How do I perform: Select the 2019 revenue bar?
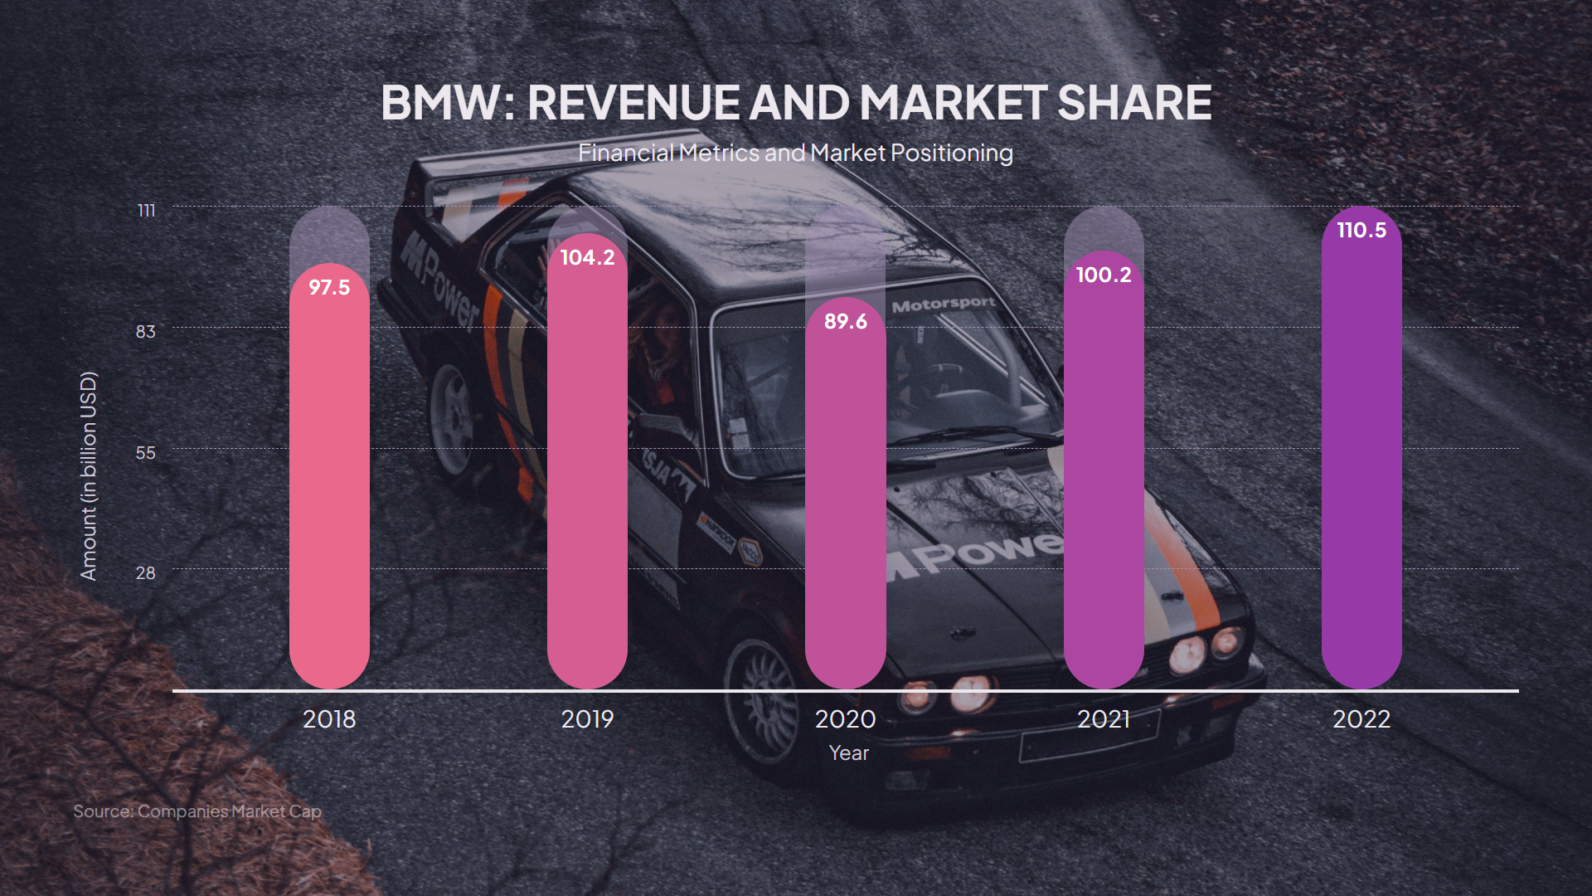tap(587, 473)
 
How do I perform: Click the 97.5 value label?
tap(329, 288)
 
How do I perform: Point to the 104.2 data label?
tap(587, 258)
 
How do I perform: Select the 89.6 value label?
tap(845, 322)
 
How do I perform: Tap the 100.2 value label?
tap(1103, 275)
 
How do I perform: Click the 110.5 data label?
tap(1361, 231)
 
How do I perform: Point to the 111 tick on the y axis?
tap(147, 211)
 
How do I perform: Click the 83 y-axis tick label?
tap(146, 332)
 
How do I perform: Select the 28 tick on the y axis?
tap(146, 573)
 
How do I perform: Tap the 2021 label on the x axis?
tap(1103, 719)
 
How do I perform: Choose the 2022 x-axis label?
tap(1361, 719)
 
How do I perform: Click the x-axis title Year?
tap(848, 753)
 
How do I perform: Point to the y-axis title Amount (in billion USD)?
tap(89, 476)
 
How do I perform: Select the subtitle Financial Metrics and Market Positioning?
tap(795, 153)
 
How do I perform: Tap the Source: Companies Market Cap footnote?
tap(197, 811)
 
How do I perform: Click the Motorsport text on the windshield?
tap(944, 304)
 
